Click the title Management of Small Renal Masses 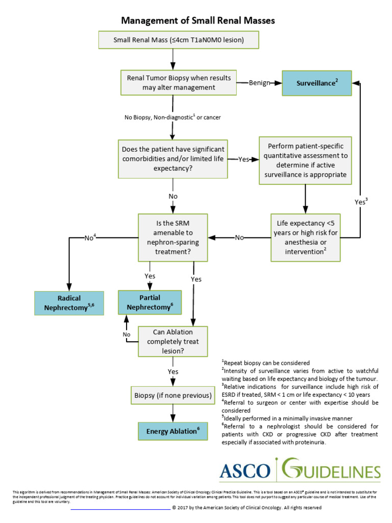click(198, 21)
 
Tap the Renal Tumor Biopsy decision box click(179, 83)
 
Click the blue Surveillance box click(317, 82)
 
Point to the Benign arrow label click(259, 83)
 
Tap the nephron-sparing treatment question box click(173, 237)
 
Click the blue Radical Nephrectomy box click(69, 302)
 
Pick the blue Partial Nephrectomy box click(150, 302)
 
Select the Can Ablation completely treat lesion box click(173, 342)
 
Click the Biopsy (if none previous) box click(173, 395)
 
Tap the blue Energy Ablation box click(173, 431)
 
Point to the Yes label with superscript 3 click(361, 201)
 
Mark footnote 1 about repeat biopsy click(265, 363)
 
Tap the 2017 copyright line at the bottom click(247, 508)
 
